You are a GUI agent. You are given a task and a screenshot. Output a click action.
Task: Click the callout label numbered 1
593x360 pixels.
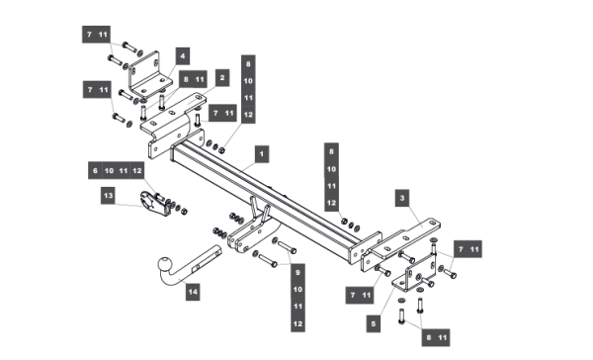point(262,154)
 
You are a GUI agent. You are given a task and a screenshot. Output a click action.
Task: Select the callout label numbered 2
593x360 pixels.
point(222,78)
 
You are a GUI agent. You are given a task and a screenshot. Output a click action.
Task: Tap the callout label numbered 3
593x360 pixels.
point(402,198)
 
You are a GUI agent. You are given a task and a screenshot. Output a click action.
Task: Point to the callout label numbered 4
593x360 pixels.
point(183,56)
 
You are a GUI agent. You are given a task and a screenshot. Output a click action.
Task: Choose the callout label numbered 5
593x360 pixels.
point(374,324)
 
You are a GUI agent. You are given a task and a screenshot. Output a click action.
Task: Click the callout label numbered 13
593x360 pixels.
point(108,196)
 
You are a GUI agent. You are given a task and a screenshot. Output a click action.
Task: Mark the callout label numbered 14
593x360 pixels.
point(193,292)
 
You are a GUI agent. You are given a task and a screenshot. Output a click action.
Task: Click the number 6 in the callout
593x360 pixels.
point(95,171)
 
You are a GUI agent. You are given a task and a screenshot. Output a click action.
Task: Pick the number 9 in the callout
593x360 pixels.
point(297,273)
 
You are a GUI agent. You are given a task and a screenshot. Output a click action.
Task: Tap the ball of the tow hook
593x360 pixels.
point(165,263)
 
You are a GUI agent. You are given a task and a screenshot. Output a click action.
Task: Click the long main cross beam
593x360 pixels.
point(265,198)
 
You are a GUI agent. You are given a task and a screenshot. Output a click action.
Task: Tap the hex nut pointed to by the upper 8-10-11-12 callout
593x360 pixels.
point(222,150)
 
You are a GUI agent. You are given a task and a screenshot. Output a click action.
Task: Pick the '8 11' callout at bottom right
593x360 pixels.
point(436,337)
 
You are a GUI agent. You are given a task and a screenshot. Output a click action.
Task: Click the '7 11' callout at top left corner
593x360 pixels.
point(96,35)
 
